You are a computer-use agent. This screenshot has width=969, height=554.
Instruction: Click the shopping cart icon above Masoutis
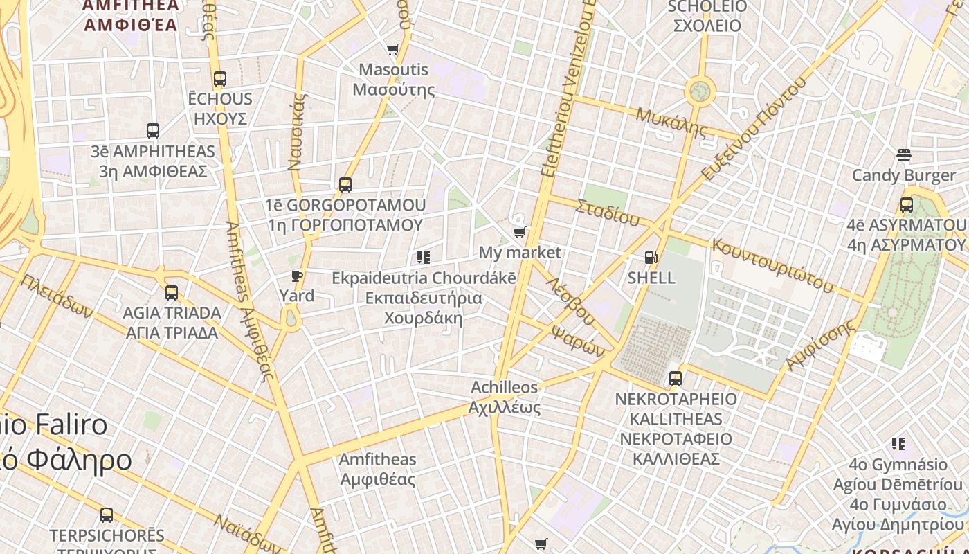pos(393,50)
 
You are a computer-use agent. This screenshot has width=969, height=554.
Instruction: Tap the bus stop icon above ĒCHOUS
pos(220,79)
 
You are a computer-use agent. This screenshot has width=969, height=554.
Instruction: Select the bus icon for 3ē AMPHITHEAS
pos(153,131)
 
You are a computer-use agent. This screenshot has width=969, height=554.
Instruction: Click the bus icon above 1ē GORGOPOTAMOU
pos(345,185)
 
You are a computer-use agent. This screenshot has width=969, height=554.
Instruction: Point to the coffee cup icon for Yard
pos(297,276)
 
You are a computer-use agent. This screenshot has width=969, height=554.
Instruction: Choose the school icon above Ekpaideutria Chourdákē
pos(423,258)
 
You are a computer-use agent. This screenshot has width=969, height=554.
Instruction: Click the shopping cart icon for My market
pos(520,233)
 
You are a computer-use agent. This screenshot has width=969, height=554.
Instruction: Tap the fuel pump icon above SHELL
pos(651,258)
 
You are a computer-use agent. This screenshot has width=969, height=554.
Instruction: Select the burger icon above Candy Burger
pos(903,155)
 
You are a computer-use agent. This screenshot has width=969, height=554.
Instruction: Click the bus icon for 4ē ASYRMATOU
pos(906,205)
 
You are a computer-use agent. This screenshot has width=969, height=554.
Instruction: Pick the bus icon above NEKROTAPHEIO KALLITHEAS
pos(676,379)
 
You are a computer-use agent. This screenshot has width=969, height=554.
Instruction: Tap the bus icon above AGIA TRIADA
pos(171,293)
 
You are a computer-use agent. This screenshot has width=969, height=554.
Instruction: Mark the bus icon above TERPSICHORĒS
pos(107,515)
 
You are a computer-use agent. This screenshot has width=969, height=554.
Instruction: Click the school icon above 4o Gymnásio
pos(898,444)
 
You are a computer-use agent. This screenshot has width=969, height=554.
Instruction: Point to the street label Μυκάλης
pos(671,122)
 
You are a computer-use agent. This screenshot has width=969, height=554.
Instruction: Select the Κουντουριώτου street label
pos(772,266)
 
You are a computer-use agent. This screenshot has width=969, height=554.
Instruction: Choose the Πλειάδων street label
pos(57,296)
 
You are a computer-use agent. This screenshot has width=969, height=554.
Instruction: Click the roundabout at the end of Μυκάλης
pos(700,91)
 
